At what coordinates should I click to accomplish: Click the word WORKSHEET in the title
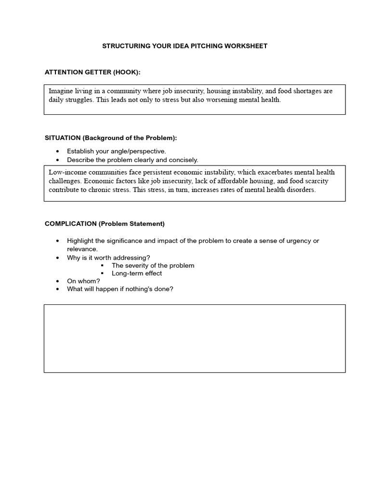pyautogui.click(x=246, y=46)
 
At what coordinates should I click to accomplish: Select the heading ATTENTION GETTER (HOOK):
pyautogui.click(x=92, y=72)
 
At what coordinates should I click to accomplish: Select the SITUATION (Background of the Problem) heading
pyautogui.click(x=111, y=138)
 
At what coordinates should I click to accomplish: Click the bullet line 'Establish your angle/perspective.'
pyautogui.click(x=116, y=151)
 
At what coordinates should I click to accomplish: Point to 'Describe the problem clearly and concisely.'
pyautogui.click(x=132, y=160)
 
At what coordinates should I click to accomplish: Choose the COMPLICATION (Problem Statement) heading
pyautogui.click(x=105, y=224)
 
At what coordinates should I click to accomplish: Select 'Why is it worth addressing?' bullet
pyautogui.click(x=108, y=258)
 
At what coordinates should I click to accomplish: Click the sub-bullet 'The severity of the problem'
pyautogui.click(x=153, y=265)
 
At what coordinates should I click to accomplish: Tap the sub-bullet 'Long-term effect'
pyautogui.click(x=137, y=273)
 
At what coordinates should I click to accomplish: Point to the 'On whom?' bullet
pyautogui.click(x=83, y=281)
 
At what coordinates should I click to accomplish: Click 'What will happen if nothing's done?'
pyautogui.click(x=120, y=289)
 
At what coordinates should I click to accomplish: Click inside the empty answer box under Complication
pyautogui.click(x=194, y=338)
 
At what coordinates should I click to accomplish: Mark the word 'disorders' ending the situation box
pyautogui.click(x=302, y=190)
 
